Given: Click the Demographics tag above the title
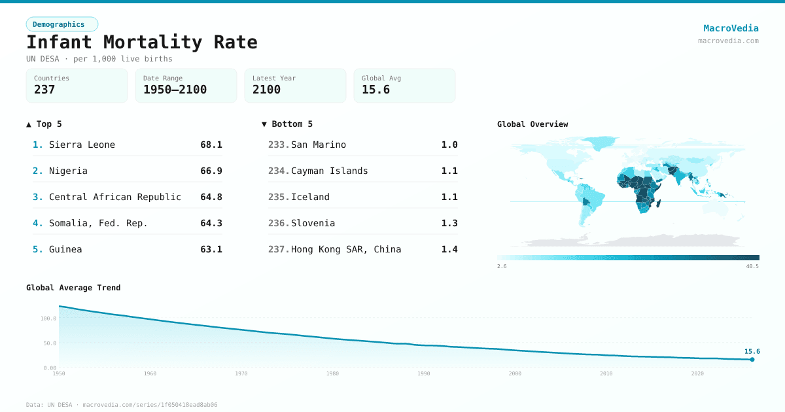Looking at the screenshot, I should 61,24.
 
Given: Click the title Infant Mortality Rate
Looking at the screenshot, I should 142,43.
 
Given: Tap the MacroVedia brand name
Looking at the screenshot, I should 731,28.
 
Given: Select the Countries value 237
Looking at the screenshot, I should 44,90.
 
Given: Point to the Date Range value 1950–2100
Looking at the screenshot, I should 175,90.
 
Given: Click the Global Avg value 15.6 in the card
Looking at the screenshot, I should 375,90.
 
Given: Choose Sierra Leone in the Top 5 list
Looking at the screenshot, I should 82,145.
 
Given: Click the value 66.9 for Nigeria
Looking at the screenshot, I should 211,171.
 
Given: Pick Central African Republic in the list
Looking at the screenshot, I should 115,197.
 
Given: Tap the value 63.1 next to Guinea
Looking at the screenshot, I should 211,249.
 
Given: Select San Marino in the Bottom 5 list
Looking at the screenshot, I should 319,145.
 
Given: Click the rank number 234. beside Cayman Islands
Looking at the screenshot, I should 278,171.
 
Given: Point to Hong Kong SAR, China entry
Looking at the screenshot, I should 346,249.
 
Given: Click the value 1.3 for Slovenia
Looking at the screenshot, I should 449,223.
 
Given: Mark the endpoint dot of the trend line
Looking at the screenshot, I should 752,359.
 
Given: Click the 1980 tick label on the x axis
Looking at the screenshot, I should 332,373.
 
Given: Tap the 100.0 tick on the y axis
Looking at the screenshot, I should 48,318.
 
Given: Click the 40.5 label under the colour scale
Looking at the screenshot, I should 752,266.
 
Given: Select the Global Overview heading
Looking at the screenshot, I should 532,124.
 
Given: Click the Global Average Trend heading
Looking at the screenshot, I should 73,288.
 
